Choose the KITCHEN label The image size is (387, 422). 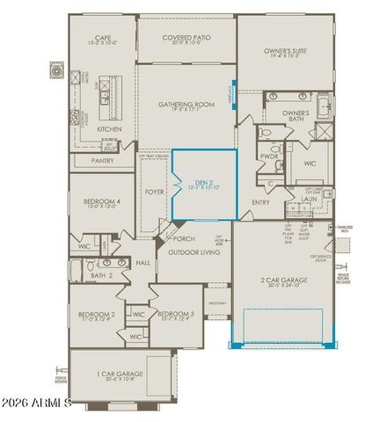tap(122, 128)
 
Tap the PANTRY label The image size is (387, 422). tap(102, 161)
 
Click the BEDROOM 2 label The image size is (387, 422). tap(96, 315)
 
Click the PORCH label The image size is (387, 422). tap(184, 238)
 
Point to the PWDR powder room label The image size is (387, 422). tap(268, 156)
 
